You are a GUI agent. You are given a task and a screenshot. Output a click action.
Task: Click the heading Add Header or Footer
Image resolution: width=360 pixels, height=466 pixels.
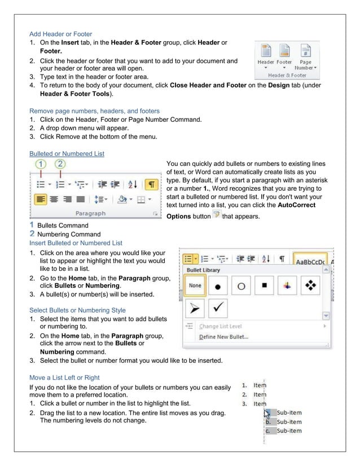click(60, 34)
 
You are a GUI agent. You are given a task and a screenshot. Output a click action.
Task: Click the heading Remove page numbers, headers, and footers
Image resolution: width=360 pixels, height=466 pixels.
click(94, 111)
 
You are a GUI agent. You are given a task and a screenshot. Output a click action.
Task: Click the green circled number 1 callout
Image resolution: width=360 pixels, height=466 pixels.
click(41, 164)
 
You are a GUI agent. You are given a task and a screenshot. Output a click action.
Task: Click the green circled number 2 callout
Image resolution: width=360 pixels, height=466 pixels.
click(60, 164)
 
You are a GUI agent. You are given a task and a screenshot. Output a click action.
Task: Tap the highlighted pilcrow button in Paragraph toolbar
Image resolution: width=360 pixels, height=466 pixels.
click(151, 184)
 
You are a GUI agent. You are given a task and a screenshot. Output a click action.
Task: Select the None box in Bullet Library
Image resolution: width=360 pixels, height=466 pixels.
click(195, 285)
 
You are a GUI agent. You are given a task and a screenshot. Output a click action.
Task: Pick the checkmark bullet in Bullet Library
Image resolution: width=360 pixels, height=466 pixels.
click(218, 309)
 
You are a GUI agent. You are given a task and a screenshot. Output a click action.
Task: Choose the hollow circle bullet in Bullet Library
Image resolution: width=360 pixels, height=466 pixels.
click(241, 286)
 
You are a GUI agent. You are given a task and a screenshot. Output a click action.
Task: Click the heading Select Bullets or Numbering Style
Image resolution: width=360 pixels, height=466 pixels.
click(77, 310)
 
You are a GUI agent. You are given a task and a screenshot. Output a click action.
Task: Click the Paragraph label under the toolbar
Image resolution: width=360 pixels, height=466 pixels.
click(90, 213)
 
